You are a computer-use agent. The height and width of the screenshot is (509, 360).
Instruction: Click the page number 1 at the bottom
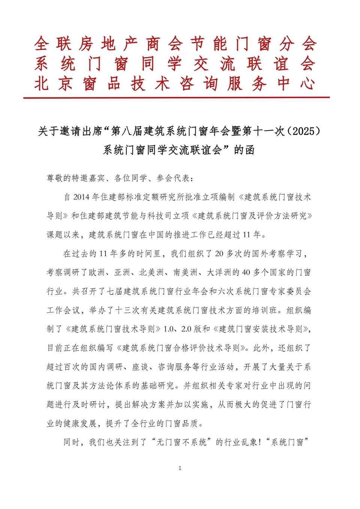(x=180, y=468)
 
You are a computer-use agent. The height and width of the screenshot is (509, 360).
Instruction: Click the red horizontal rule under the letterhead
(x=176, y=98)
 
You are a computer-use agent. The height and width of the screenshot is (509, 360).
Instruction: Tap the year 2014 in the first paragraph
(x=83, y=197)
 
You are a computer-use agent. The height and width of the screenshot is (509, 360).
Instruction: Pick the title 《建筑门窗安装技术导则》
(x=262, y=329)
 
